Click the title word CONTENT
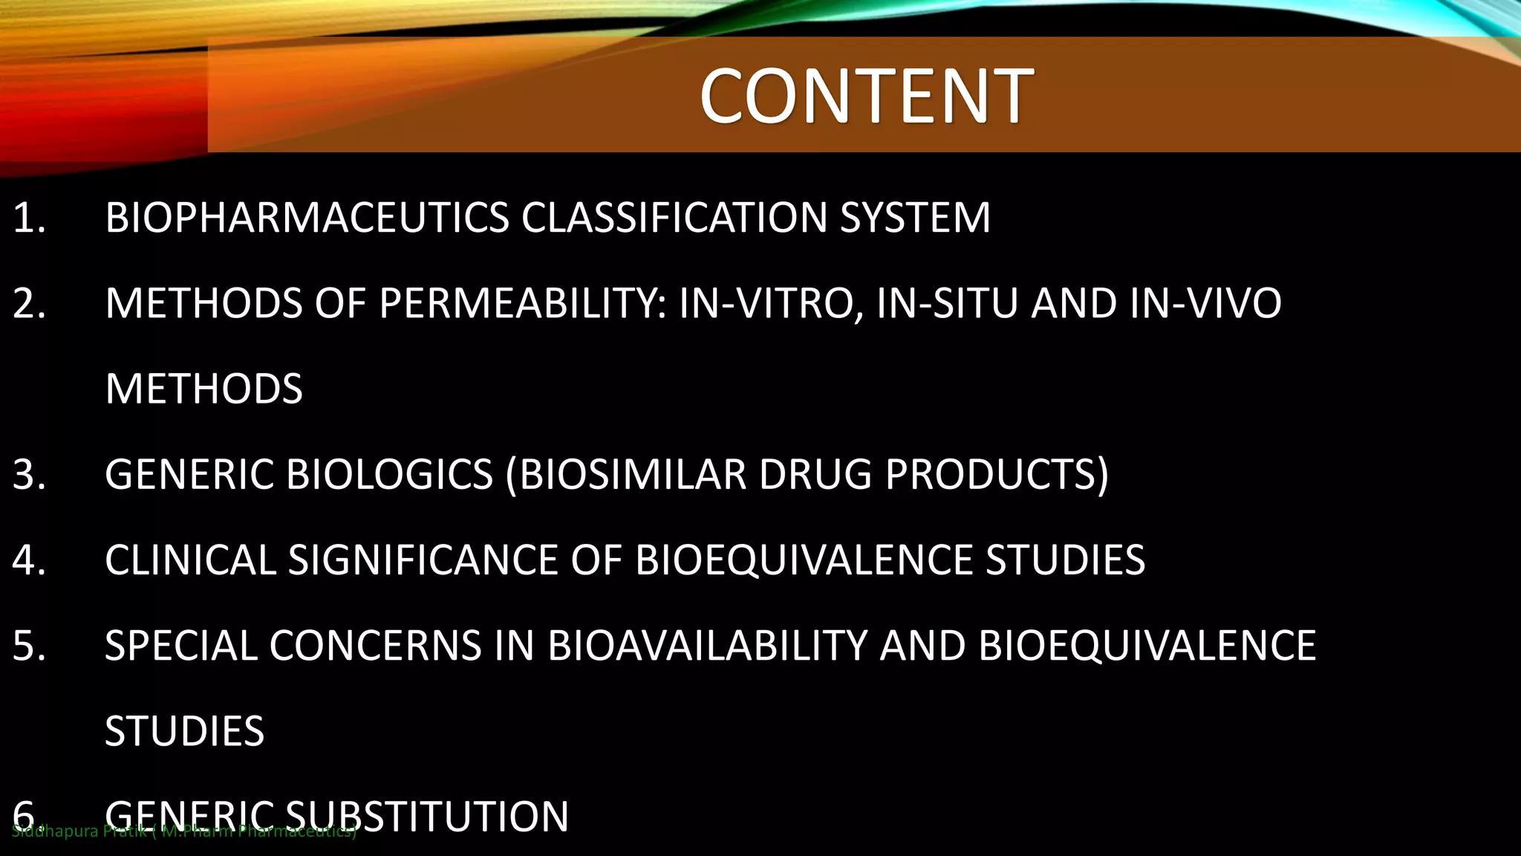pyautogui.click(x=866, y=96)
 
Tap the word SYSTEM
pyautogui.click(x=915, y=218)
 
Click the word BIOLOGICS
pyautogui.click(x=389, y=474)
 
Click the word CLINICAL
pyautogui.click(x=190, y=560)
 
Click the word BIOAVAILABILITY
pyautogui.click(x=707, y=645)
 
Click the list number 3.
pyautogui.click(x=28, y=474)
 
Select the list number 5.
pyautogui.click(x=28, y=645)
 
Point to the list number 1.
pyautogui.click(x=28, y=218)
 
